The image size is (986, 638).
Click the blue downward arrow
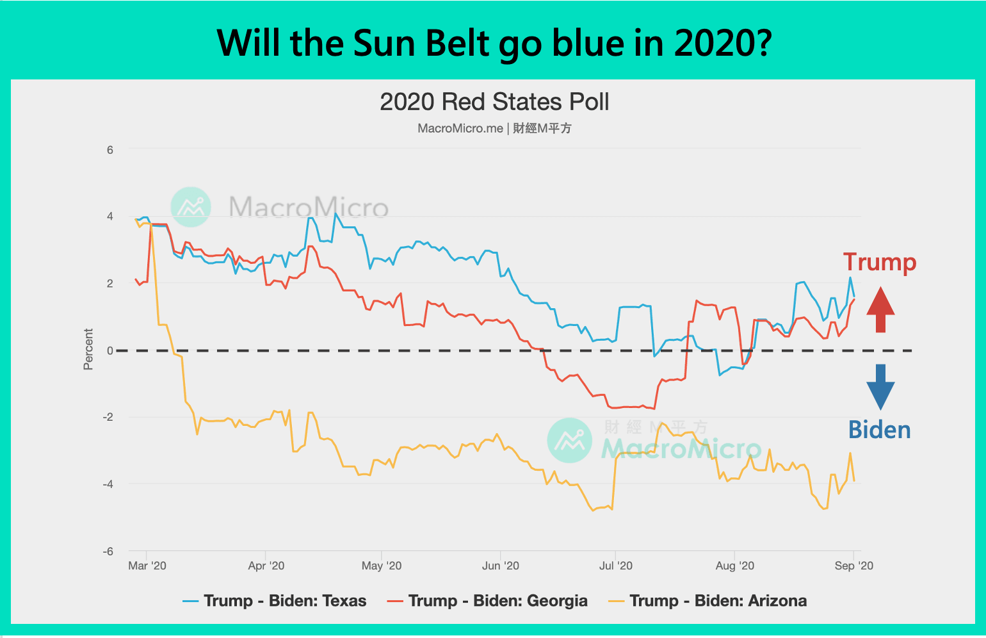(880, 386)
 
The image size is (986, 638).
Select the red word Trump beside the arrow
(880, 263)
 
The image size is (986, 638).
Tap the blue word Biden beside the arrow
(879, 430)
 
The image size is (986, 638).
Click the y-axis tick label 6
(110, 150)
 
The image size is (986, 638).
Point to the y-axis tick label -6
(108, 552)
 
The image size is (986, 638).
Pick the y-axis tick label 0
(110, 350)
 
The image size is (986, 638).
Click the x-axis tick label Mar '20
(147, 566)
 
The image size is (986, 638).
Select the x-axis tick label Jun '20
(501, 566)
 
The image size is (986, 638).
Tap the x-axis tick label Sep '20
(853, 566)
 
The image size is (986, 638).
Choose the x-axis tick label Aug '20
(734, 566)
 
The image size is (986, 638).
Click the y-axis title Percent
(88, 349)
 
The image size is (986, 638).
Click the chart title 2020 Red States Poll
(494, 102)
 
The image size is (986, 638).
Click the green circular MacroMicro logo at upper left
(191, 207)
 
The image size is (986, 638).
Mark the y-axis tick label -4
(108, 484)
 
